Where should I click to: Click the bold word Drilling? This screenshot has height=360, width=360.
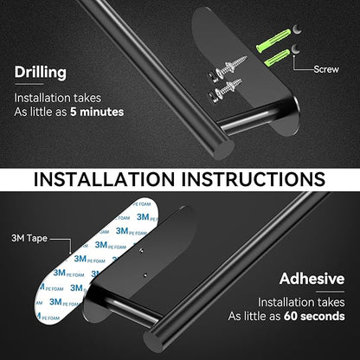pos(41,73)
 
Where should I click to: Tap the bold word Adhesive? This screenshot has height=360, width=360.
pos(312,279)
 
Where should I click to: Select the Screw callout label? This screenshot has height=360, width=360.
pos(326,69)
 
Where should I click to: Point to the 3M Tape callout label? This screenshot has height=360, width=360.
pos(29,238)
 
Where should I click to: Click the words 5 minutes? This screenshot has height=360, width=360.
pos(97,112)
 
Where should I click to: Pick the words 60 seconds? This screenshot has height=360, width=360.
pos(314,316)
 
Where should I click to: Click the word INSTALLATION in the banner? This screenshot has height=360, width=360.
pos(105,179)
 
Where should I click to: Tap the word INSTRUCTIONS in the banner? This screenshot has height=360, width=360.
pos(254,179)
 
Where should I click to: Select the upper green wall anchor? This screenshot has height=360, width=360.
pos(273,39)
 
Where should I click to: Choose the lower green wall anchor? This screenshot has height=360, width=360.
pos(276,58)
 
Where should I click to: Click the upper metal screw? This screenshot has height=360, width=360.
pos(229,67)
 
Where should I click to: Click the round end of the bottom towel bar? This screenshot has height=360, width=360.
pos(155,337)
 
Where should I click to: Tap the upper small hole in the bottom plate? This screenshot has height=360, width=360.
pos(141,250)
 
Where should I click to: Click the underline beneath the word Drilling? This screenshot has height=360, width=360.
pos(29,84)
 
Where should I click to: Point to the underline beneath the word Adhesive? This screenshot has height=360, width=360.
pos(331,292)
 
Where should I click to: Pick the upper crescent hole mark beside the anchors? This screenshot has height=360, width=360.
pos(297,29)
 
